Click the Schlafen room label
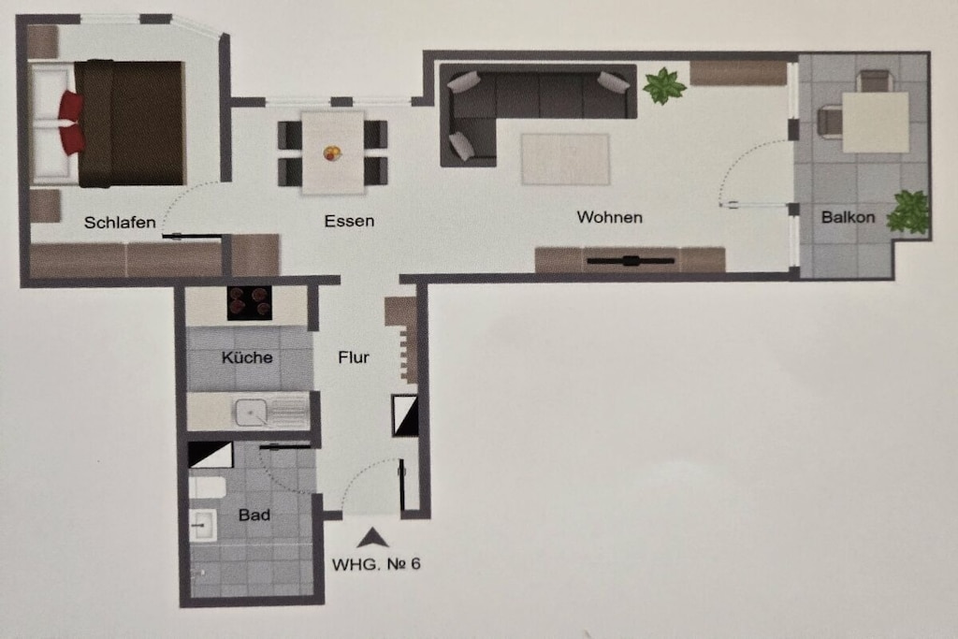pyautogui.click(x=120, y=223)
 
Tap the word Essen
pyautogui.click(x=349, y=221)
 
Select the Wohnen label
pyautogui.click(x=609, y=217)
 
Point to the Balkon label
pyautogui.click(x=848, y=217)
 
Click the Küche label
pyautogui.click(x=247, y=356)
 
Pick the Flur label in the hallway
pyautogui.click(x=353, y=356)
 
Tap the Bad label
pyautogui.click(x=254, y=515)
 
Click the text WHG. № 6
pyautogui.click(x=376, y=564)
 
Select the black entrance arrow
pyautogui.click(x=372, y=537)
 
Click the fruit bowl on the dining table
pyautogui.click(x=332, y=152)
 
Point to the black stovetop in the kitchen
pyautogui.click(x=249, y=302)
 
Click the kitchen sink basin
pyautogui.click(x=251, y=413)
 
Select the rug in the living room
pyautogui.click(x=565, y=159)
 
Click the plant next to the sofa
pyautogui.click(x=664, y=85)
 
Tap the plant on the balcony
pyautogui.click(x=909, y=212)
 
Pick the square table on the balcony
pyautogui.click(x=876, y=123)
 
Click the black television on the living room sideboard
pyautogui.click(x=631, y=261)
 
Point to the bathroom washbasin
pyautogui.click(x=202, y=525)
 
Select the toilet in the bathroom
pyautogui.click(x=207, y=487)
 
